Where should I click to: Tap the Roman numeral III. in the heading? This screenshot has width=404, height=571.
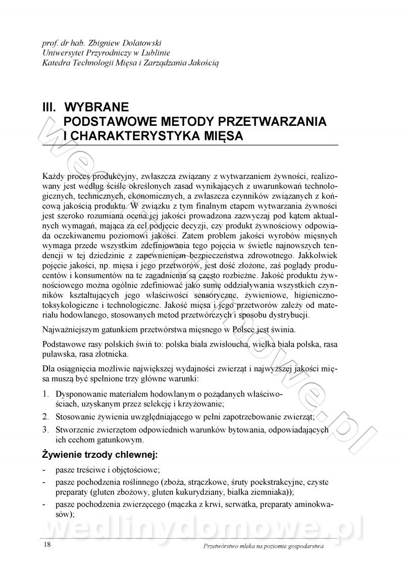point(51,107)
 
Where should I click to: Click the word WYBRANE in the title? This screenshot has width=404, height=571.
point(97,107)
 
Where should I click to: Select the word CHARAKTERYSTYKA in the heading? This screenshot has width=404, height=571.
point(130,136)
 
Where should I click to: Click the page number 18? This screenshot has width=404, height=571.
point(46,544)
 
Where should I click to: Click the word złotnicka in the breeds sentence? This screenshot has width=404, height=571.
point(114,354)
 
